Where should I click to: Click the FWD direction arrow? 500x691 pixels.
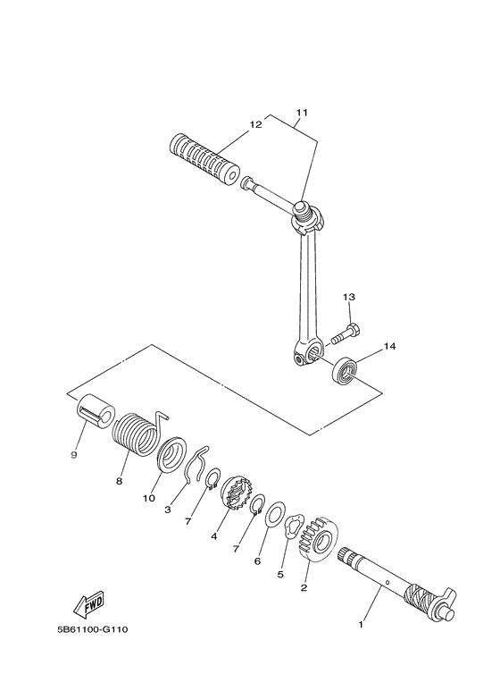[89, 604]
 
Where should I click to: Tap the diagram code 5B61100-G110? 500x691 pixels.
[93, 629]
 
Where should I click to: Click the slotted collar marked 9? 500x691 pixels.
[96, 410]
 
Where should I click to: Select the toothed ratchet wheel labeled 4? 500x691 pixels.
[237, 493]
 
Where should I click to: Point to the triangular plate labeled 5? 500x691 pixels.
[292, 527]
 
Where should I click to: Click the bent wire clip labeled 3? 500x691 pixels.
[196, 465]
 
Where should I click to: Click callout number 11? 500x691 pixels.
[302, 113]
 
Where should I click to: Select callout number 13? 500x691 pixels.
[349, 298]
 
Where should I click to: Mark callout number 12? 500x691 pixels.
[255, 125]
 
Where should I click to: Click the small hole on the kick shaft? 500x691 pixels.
[387, 582]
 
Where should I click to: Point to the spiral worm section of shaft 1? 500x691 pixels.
[420, 596]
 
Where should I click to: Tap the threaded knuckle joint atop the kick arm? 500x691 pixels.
[307, 217]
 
